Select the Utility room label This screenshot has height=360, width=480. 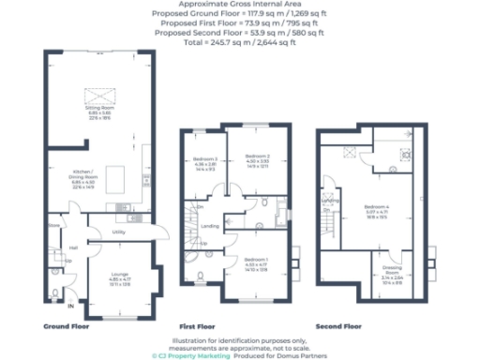[x=119, y=232]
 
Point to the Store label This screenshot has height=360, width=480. [x=54, y=226]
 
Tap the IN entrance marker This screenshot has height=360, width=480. [x=70, y=306]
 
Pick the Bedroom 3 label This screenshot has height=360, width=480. [x=205, y=160]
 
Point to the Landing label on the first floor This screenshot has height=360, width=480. [x=211, y=225]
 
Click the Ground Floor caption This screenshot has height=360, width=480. [x=66, y=326]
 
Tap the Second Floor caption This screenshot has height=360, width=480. [x=337, y=326]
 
